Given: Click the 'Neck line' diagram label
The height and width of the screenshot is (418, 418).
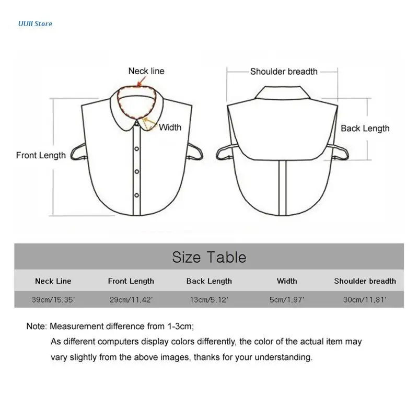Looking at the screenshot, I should (146, 71).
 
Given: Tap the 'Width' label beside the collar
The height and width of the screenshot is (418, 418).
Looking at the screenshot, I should (170, 127).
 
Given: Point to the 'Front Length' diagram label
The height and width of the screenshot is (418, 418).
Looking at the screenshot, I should (41, 155).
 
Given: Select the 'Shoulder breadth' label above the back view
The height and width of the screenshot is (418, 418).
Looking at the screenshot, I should (284, 72).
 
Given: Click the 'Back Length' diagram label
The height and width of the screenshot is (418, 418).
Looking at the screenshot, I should (365, 128).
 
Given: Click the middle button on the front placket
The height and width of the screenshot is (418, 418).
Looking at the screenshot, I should (136, 171).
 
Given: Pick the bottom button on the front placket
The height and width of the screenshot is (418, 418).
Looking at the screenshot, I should (136, 195).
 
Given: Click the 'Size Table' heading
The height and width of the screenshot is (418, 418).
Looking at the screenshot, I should (209, 257).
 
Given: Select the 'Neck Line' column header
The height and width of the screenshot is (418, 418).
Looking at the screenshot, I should (53, 281).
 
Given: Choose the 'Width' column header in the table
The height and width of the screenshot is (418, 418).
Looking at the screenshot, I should (287, 281).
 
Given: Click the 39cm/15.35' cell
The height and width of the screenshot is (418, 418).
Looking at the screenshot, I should (53, 299).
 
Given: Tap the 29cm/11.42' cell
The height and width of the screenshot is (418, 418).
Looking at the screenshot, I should (131, 299).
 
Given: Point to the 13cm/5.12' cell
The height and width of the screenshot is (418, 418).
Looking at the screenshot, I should (209, 299).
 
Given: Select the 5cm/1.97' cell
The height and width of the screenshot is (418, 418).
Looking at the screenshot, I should (287, 299).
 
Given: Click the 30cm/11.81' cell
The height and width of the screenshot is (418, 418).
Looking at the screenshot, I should (365, 299).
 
